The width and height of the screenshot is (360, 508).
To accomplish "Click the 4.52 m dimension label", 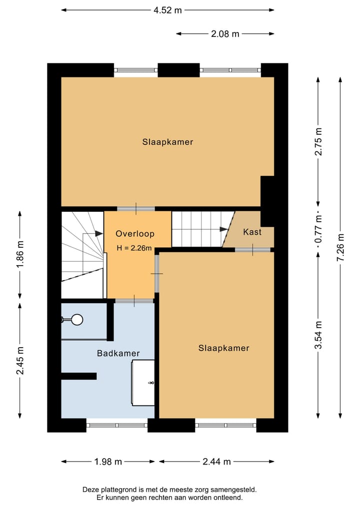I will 167,9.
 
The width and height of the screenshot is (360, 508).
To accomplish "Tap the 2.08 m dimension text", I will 225,34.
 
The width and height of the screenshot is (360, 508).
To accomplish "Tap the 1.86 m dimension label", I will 20,255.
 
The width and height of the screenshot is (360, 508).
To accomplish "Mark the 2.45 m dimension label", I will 20,361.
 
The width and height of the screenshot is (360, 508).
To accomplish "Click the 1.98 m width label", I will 107,462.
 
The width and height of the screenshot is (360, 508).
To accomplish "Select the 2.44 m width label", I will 216,462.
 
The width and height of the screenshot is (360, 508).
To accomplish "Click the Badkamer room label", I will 118,353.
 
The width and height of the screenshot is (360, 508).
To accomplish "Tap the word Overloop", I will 135,234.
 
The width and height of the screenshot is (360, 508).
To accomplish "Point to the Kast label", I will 252,232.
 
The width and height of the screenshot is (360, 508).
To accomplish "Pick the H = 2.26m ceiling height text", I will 134,248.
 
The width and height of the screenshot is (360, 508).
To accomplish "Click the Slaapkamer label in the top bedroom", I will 167,142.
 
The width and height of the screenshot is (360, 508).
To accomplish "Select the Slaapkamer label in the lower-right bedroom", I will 223,348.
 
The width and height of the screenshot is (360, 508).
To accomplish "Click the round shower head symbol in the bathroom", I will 77,319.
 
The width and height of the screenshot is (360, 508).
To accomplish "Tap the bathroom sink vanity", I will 143,383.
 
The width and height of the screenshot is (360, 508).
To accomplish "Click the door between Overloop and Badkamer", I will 134,300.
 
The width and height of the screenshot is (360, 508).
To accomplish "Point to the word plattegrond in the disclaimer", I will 121,491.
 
